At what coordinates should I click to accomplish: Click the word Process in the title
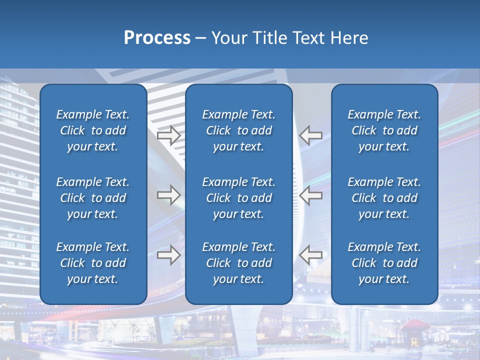[157, 38]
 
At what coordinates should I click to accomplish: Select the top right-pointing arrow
[169, 135]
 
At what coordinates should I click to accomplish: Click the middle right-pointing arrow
[169, 195]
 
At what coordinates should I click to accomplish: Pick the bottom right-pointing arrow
[169, 254]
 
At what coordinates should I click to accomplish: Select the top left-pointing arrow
[310, 135]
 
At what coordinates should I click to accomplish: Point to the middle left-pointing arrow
[310, 195]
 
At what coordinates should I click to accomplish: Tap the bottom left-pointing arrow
[310, 254]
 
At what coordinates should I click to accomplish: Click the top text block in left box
[93, 130]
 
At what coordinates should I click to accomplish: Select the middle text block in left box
[93, 198]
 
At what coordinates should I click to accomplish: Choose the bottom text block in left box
[93, 263]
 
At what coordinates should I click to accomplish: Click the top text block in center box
[238, 130]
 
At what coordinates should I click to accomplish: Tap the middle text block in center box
[238, 198]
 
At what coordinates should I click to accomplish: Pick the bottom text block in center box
[238, 263]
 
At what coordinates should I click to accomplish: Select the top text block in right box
[384, 130]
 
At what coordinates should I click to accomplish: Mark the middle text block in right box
[384, 198]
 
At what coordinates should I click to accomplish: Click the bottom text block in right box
[384, 263]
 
